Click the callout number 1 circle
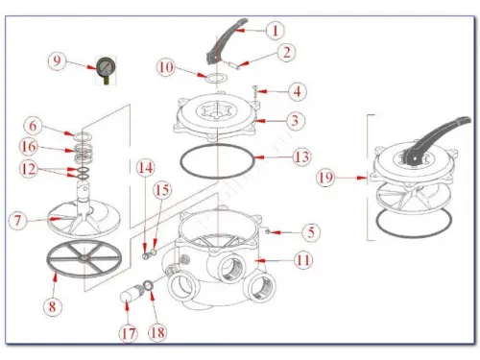275,31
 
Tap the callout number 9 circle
57,60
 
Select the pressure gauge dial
106,67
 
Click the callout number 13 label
301,156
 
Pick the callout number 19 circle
325,178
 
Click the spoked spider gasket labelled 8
84,257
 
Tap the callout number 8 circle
53,306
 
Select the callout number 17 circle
129,334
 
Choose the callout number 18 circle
157,333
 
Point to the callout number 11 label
302,260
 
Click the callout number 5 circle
311,232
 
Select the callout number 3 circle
295,121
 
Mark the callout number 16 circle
29,147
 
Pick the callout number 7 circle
17,221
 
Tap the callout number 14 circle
145,168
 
